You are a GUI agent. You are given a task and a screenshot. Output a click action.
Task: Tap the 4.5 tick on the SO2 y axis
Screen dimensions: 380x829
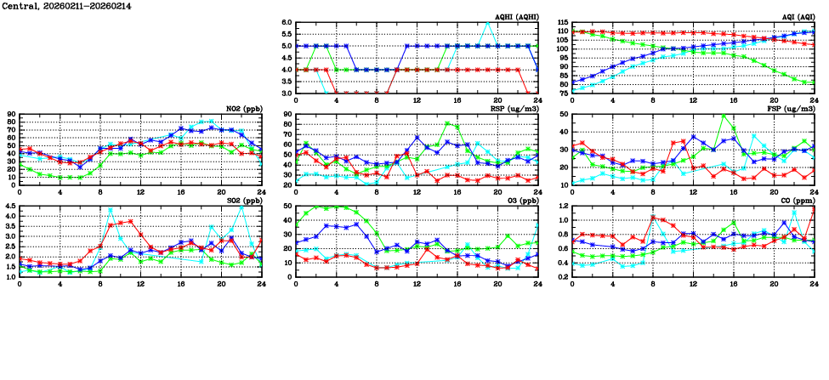coord(9,207)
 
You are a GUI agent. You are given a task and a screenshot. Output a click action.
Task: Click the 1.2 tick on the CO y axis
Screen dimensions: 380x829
coord(562,207)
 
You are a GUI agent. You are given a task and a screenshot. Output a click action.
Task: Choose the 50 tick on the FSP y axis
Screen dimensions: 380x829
coord(564,115)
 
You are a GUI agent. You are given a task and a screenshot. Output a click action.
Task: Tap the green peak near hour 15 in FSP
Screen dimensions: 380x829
coord(724,116)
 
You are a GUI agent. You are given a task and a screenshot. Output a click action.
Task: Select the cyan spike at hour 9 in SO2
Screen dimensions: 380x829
coord(111,209)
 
